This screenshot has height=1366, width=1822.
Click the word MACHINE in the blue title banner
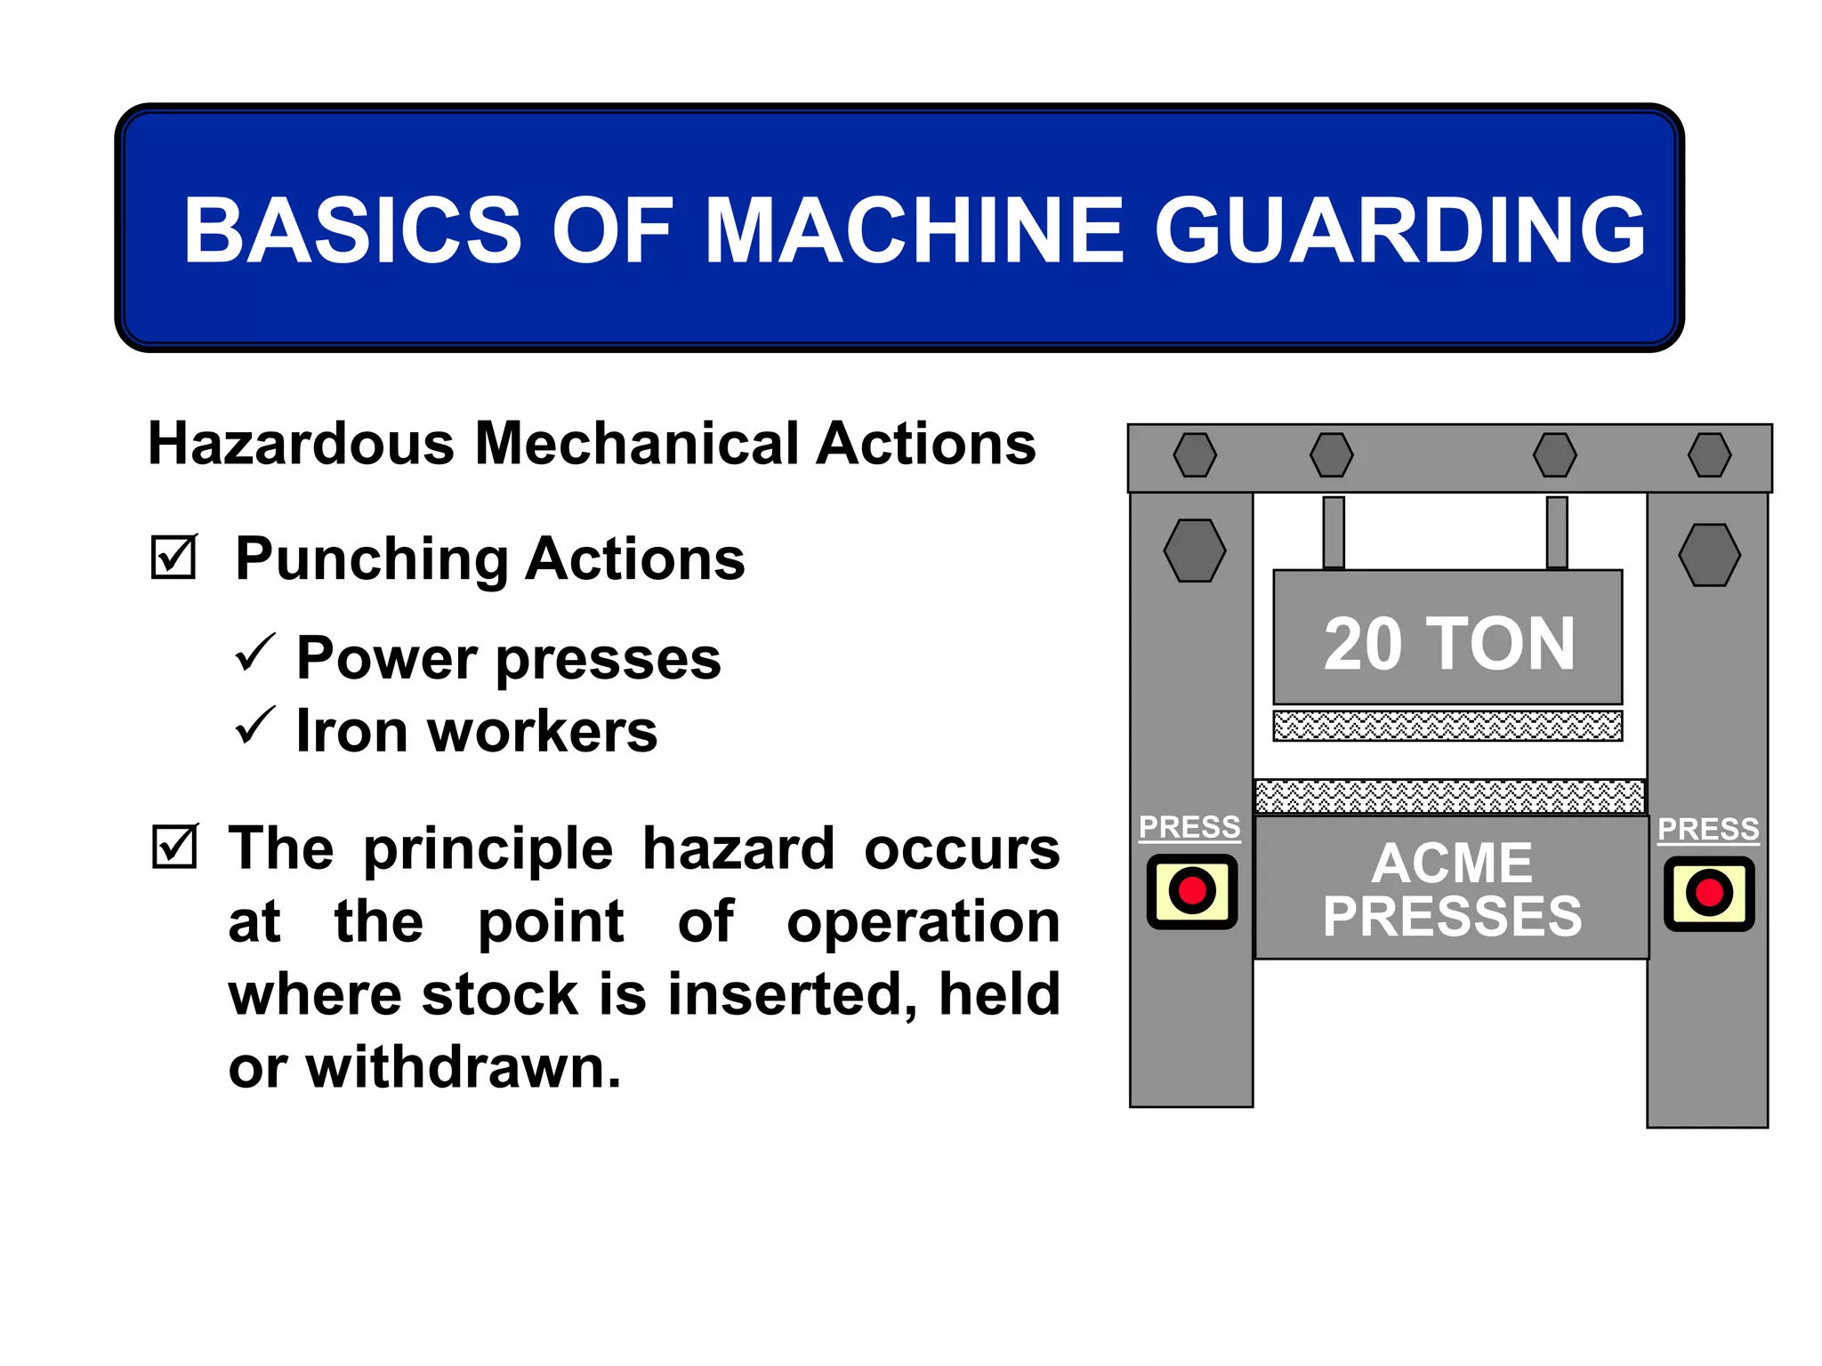[x=915, y=230]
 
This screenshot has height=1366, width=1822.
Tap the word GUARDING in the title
[x=1399, y=230]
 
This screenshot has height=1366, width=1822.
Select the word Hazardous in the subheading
[x=301, y=444]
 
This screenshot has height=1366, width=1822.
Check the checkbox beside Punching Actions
[x=173, y=558]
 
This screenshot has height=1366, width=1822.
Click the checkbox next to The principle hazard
[x=174, y=847]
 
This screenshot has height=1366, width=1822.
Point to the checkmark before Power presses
[x=255, y=654]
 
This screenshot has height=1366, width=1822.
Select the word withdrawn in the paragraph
[x=463, y=1066]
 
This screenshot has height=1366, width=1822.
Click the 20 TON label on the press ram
[x=1448, y=644]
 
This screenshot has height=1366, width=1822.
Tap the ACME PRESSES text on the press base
[x=1452, y=889]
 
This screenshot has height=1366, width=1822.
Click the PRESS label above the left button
[x=1189, y=827]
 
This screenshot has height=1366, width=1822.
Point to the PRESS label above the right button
[x=1708, y=829]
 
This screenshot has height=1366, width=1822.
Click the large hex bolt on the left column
[x=1195, y=550]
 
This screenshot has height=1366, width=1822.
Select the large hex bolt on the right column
[x=1709, y=555]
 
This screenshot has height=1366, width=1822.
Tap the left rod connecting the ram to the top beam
[x=1333, y=532]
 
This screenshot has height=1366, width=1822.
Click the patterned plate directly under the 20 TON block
[x=1447, y=726]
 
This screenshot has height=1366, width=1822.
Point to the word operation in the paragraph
[x=923, y=921]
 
